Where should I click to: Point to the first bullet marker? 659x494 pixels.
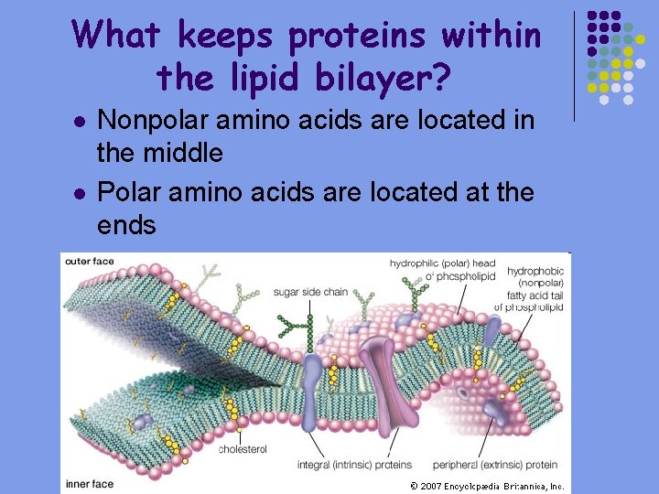point(79,122)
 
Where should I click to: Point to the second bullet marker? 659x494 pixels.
point(79,193)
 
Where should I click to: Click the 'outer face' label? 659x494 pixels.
point(90,262)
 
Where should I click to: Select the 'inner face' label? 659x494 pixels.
point(89,483)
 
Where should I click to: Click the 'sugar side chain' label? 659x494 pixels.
point(310,292)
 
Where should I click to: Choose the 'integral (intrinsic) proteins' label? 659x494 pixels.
point(354,465)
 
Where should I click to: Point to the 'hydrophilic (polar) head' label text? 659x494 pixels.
point(442,263)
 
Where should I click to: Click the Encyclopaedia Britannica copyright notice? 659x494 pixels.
point(487,486)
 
